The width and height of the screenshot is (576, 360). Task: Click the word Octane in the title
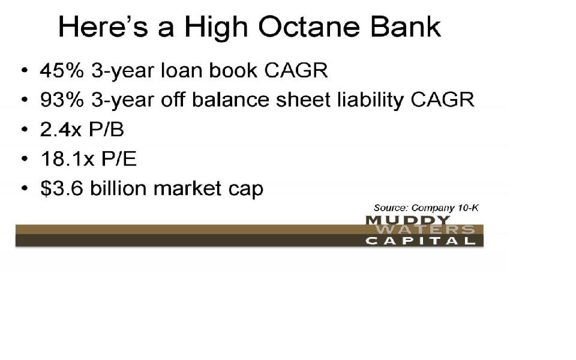coord(309,27)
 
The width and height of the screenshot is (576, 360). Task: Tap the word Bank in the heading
coord(406,27)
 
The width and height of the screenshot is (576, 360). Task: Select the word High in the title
coord(216,29)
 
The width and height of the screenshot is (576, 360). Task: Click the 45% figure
coord(62,70)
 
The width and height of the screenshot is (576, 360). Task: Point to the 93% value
coord(62,100)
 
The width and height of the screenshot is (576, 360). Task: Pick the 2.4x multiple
coord(61,130)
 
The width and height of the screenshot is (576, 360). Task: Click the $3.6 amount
coord(62,188)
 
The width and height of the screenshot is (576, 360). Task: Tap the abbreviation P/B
coord(107,130)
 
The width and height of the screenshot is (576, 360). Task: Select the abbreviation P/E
coord(119,158)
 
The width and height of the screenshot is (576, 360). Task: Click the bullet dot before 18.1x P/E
coord(24,158)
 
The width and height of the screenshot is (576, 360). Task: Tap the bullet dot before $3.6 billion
coord(24,188)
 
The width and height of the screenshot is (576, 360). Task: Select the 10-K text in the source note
coord(468,208)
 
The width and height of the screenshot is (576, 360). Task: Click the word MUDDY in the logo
coord(408,220)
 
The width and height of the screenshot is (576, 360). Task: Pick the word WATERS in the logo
coord(425,230)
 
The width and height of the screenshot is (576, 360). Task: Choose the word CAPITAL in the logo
coord(421,241)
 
